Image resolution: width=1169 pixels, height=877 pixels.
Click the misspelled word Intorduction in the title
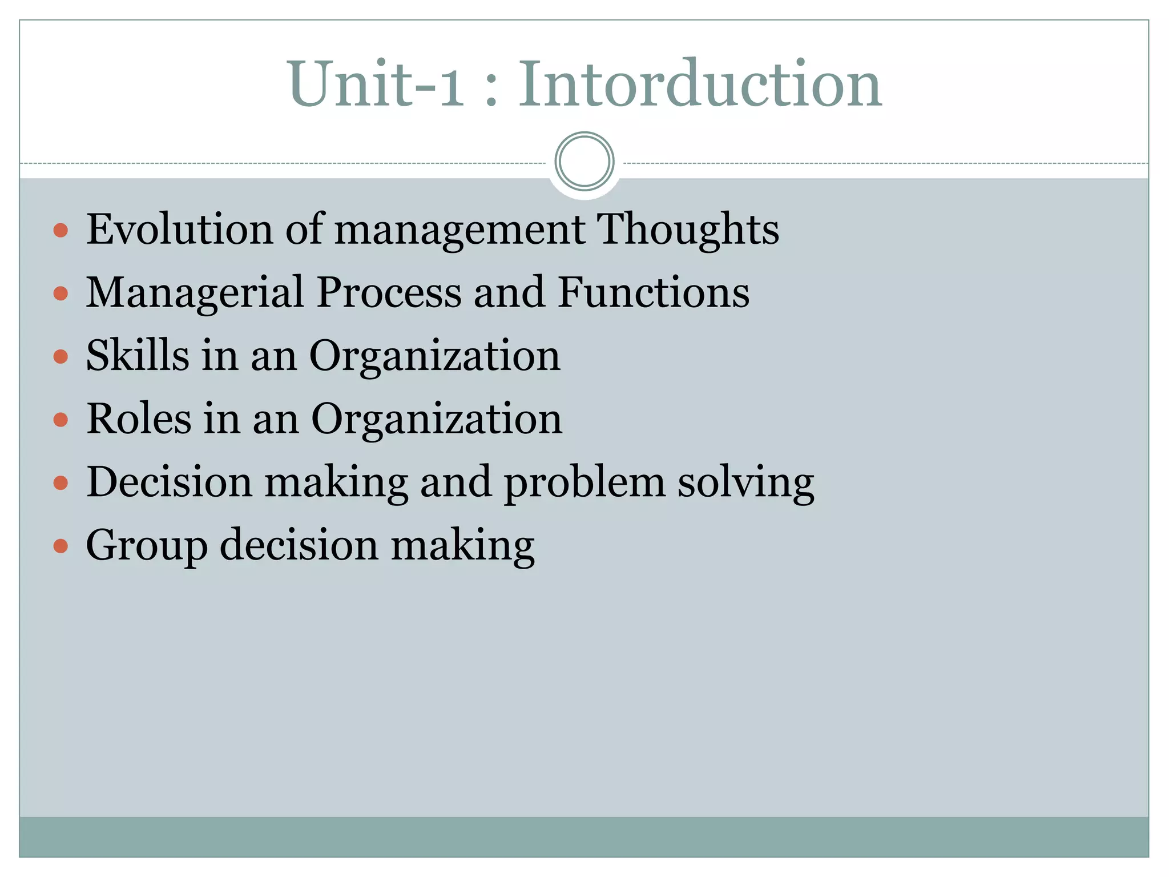700,85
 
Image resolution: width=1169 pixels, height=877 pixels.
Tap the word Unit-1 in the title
377,85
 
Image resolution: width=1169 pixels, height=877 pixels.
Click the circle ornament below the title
584,162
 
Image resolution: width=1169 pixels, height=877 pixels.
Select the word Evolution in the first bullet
179,230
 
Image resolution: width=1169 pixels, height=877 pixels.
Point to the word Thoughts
688,230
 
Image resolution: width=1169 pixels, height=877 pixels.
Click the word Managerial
194,292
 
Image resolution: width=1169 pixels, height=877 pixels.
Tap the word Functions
654,292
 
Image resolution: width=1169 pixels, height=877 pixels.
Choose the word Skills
137,355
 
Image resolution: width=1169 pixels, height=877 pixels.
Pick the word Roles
138,419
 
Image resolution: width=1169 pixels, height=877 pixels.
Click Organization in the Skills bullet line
435,355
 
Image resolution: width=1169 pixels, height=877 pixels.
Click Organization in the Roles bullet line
437,419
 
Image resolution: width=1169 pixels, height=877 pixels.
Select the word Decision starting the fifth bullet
169,482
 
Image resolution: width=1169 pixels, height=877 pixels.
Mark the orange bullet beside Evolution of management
61,231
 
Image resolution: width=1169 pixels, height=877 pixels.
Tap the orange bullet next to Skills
61,357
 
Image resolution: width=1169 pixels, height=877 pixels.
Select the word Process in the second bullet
388,292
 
